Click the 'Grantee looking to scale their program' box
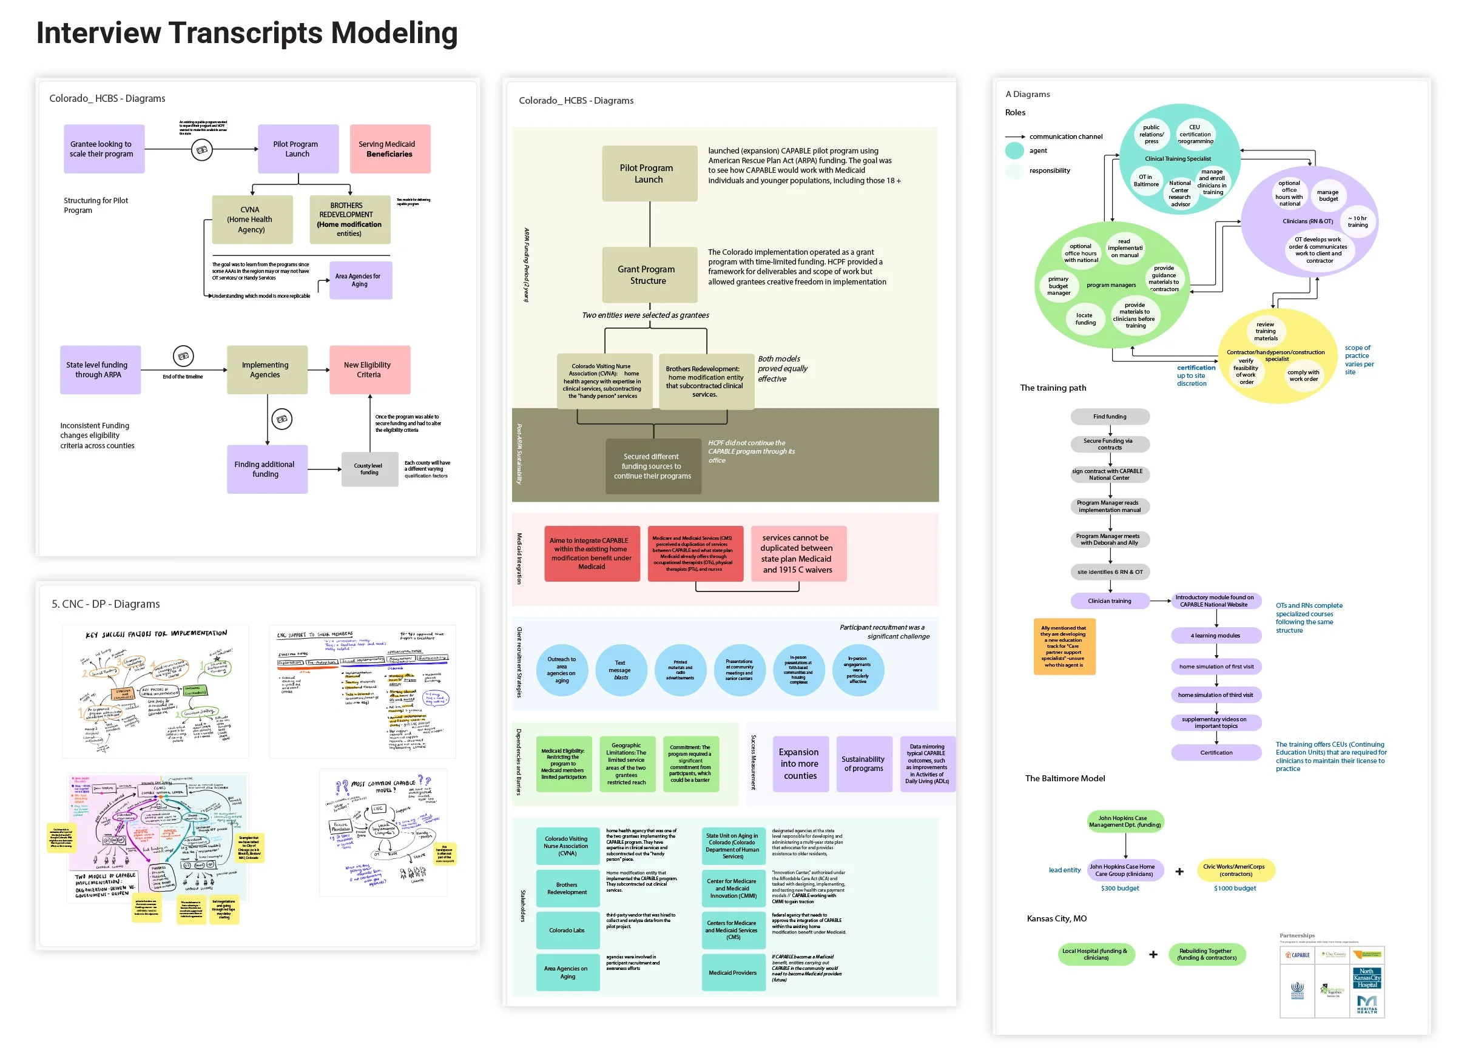(104, 149)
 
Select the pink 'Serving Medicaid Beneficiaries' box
(390, 149)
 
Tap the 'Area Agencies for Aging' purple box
(360, 280)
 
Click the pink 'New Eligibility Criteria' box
(369, 370)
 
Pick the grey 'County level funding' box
(368, 469)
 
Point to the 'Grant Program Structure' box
(649, 275)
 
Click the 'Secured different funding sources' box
(652, 466)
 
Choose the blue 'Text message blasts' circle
(620, 670)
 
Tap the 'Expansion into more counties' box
(800, 764)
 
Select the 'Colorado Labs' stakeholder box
(567, 931)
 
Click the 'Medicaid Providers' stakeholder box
(732, 972)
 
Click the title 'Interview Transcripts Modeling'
(246, 33)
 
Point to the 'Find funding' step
(1110, 416)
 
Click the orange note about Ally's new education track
(1064, 646)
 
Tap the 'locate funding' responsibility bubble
(1085, 318)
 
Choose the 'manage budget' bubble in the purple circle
(1328, 195)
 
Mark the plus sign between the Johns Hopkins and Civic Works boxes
(1179, 872)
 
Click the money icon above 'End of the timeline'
(183, 355)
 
